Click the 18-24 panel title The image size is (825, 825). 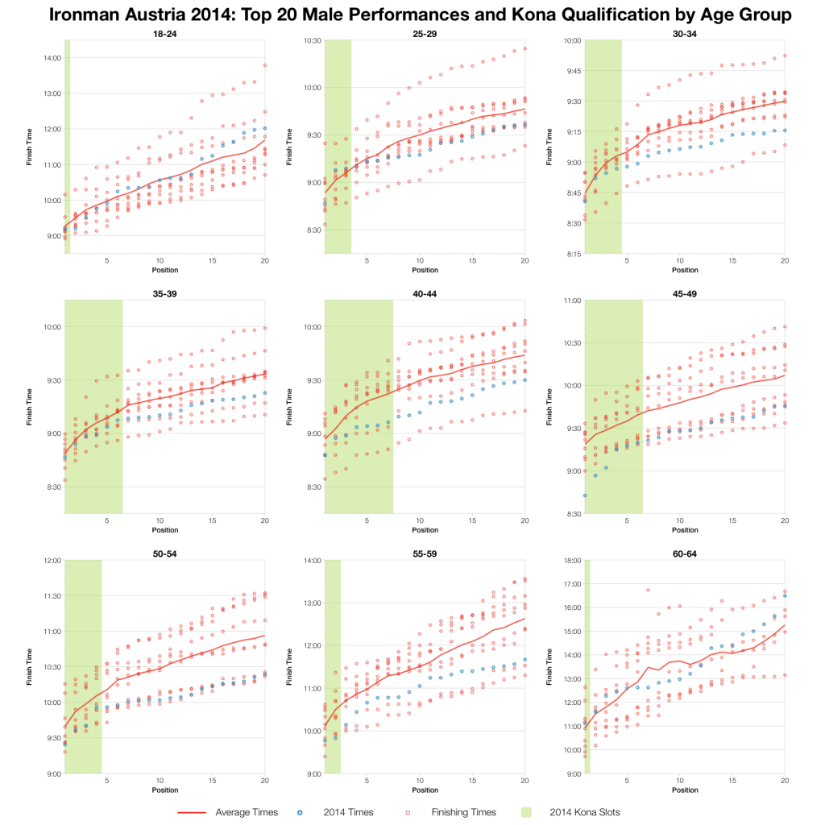(x=165, y=33)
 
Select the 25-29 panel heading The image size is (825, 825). (x=425, y=33)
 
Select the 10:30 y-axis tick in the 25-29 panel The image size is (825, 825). (x=311, y=40)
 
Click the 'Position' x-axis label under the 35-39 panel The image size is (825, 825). (x=165, y=530)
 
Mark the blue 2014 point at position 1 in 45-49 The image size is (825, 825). (x=585, y=495)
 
